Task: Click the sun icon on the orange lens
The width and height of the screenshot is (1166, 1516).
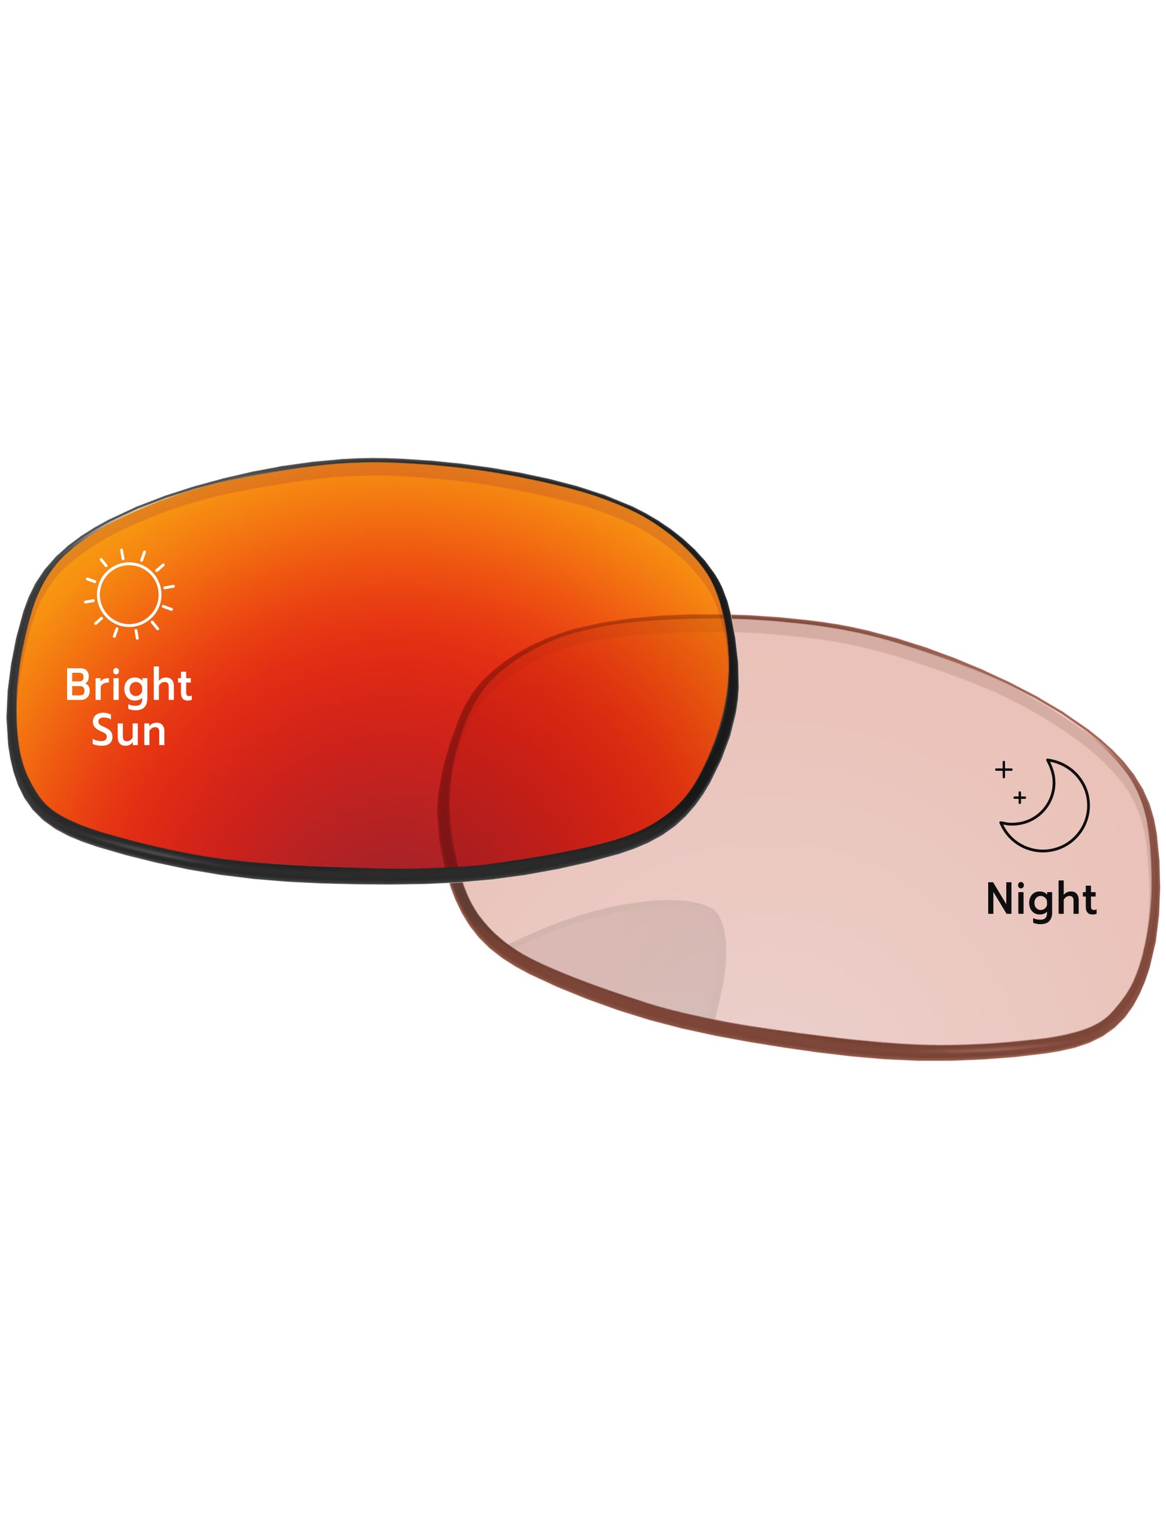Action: click(x=129, y=594)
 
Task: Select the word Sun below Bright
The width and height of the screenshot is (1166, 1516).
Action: click(x=128, y=731)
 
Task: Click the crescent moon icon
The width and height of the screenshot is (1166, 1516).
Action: click(x=1045, y=805)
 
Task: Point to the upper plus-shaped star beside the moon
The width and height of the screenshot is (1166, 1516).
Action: click(x=1004, y=770)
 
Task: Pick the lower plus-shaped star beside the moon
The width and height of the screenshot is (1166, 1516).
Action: click(x=1020, y=798)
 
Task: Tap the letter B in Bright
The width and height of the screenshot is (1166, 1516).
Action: click(x=78, y=684)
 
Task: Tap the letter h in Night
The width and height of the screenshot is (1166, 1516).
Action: click(x=1068, y=898)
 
